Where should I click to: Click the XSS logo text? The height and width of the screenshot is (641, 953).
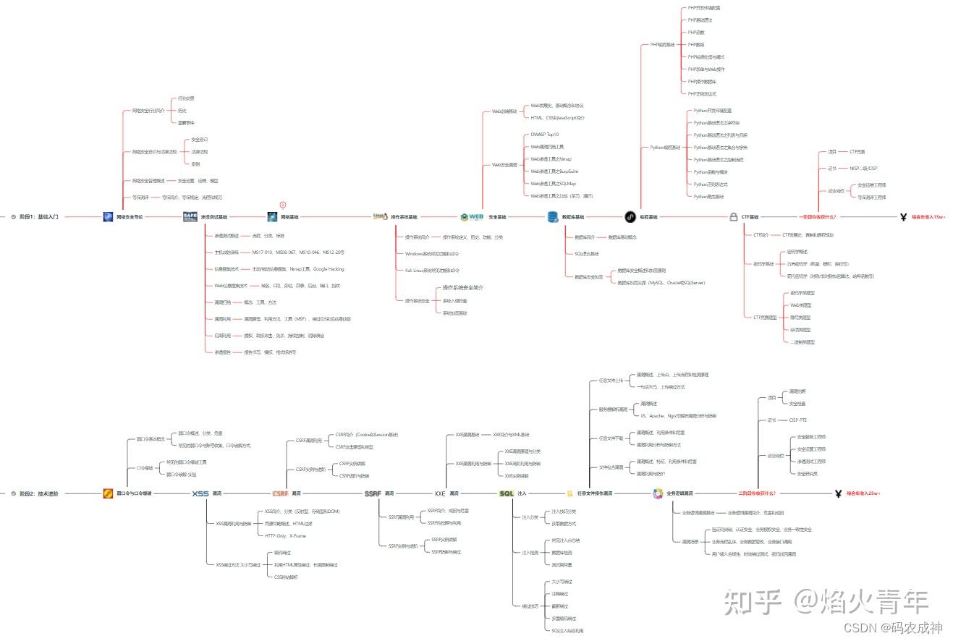[x=200, y=493]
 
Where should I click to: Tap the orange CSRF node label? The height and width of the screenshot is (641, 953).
[x=280, y=493]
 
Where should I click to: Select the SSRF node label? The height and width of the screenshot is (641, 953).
[x=373, y=493]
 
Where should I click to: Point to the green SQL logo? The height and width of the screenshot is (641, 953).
[x=507, y=493]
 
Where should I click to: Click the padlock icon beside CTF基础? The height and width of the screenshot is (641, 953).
[x=734, y=216]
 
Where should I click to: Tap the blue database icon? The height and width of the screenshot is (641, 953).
[x=552, y=216]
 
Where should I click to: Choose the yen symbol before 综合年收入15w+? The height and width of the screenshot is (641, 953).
[x=903, y=216]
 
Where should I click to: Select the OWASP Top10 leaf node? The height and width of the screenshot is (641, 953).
[x=544, y=135]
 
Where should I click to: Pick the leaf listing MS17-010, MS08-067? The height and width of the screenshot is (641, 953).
[x=298, y=252]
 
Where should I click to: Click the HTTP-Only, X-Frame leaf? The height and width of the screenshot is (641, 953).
[x=285, y=536]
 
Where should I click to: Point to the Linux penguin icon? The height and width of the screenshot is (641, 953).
[x=379, y=216]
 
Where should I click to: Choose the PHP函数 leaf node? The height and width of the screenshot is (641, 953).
[x=696, y=33]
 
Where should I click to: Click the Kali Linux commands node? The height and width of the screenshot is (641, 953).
[x=432, y=270]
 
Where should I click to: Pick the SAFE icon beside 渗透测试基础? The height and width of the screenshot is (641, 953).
[x=190, y=216]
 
